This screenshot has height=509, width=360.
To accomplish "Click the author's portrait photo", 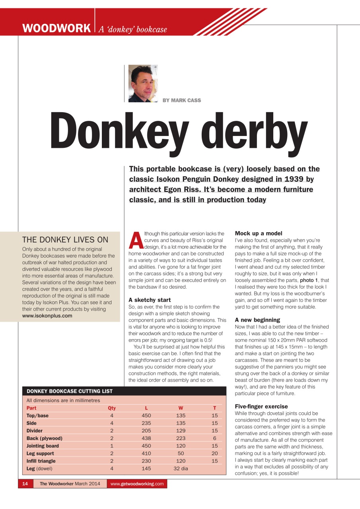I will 143,84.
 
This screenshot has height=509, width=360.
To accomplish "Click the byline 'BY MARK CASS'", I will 182,100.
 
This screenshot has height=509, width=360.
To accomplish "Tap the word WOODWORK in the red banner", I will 56,29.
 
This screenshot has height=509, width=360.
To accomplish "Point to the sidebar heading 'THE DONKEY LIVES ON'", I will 65,239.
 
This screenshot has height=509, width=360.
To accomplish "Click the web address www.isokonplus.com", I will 47,316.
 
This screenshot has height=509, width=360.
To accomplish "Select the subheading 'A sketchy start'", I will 150,300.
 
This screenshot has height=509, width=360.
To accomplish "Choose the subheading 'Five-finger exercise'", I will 261,406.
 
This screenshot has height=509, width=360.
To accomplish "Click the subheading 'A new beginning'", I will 257,320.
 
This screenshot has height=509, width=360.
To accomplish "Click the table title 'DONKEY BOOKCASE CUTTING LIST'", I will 70,391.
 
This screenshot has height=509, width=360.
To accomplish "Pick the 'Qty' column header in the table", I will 112,408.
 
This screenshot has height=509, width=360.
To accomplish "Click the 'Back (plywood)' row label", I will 44,438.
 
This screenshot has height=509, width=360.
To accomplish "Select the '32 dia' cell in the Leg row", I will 181,468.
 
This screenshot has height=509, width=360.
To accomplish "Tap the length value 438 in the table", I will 146,438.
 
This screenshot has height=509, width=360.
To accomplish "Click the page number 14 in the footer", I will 25,484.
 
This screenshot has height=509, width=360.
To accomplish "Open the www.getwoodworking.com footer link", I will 137,484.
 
